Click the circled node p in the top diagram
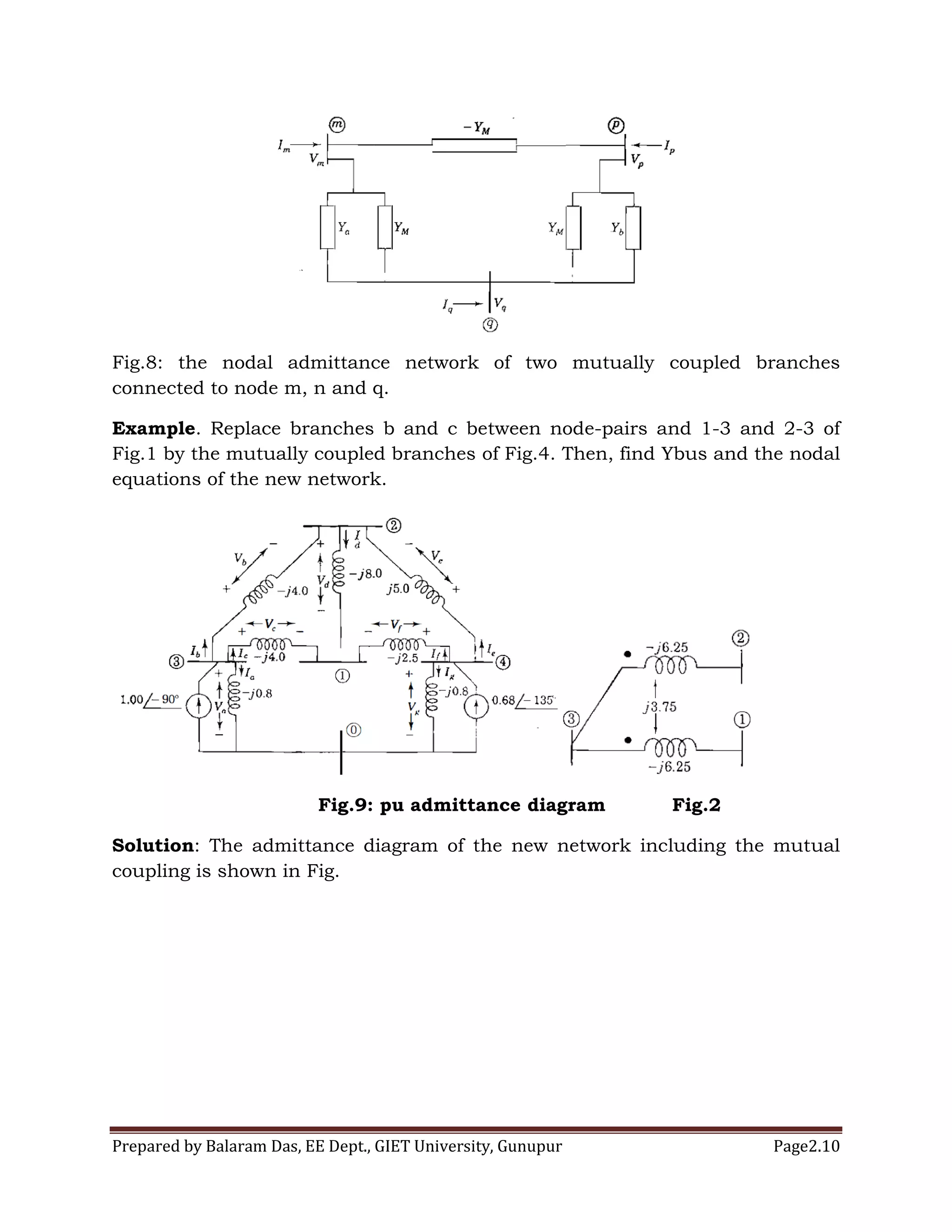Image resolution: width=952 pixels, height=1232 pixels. coord(616,125)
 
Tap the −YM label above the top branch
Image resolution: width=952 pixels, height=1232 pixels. coord(476,127)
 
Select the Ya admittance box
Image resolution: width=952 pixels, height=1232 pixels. coord(328,227)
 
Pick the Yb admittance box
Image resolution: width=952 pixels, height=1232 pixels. coord(634,228)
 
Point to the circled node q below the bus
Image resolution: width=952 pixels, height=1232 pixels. coord(491,325)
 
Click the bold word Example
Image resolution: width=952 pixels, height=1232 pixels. coord(153,429)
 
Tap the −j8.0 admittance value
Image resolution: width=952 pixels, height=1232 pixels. coord(365,574)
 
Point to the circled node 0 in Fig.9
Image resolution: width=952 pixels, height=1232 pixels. coord(353,730)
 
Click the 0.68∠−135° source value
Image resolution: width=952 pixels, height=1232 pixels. coord(523,701)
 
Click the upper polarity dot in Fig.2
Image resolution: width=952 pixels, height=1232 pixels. coord(628,655)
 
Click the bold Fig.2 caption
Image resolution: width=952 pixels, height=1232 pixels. coord(696,805)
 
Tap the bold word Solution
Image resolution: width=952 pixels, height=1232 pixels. coord(153,846)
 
